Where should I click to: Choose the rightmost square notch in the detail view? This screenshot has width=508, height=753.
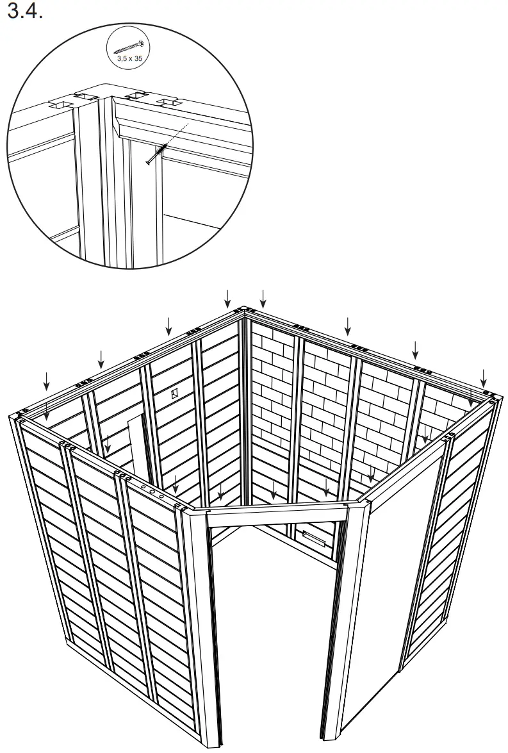pyautogui.click(x=167, y=102)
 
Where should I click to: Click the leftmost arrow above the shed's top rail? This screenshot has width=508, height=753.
pyautogui.click(x=46, y=379)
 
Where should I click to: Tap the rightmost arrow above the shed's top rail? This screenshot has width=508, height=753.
pyautogui.click(x=483, y=377)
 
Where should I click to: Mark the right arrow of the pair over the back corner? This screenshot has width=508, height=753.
pyautogui.click(x=262, y=298)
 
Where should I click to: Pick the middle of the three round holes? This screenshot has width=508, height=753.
pyautogui.click(x=153, y=489)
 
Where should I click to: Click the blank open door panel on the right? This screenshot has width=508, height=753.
pyautogui.click(x=394, y=577)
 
